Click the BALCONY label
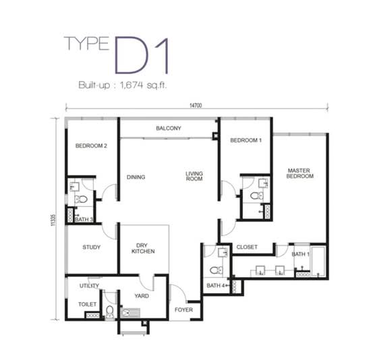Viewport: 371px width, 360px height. coord(169,128)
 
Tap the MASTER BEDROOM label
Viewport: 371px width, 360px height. coord(299,173)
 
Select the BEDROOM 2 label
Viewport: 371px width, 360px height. coord(91,146)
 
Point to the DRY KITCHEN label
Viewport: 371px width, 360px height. coord(143,248)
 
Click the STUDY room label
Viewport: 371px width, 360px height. coord(91,247)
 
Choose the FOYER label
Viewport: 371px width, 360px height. coord(183,309)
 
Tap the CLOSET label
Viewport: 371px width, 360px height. coord(247,247)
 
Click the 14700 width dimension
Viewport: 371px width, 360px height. coord(196,105)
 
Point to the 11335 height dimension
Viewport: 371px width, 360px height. coord(53,220)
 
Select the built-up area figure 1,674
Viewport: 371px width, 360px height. coord(132,85)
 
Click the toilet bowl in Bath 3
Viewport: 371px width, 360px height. coord(81,199)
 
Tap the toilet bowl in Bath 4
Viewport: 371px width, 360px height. coord(217,270)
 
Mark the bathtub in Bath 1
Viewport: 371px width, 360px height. coord(318,262)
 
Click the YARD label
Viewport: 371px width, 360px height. coord(142,296)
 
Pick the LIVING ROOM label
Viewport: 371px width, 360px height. coord(194,176)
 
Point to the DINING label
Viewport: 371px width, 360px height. coord(136,177)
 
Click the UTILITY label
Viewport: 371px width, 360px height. coord(89,286)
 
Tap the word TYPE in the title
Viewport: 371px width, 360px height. coord(86,44)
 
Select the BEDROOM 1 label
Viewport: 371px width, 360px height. coord(246,140)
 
